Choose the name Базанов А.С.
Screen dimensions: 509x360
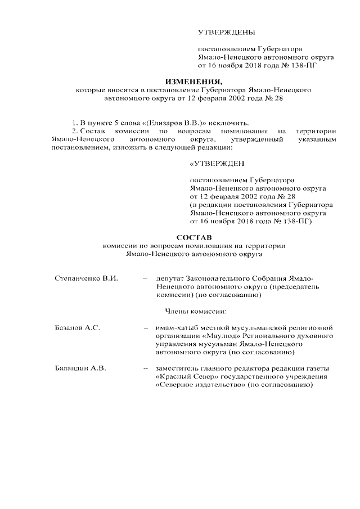coord(77,327)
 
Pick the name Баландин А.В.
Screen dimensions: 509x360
coord(80,368)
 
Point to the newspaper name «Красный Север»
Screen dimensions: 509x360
coord(182,377)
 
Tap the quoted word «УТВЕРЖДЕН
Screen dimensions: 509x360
coord(217,164)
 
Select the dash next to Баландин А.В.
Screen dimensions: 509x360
coord(146,368)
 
